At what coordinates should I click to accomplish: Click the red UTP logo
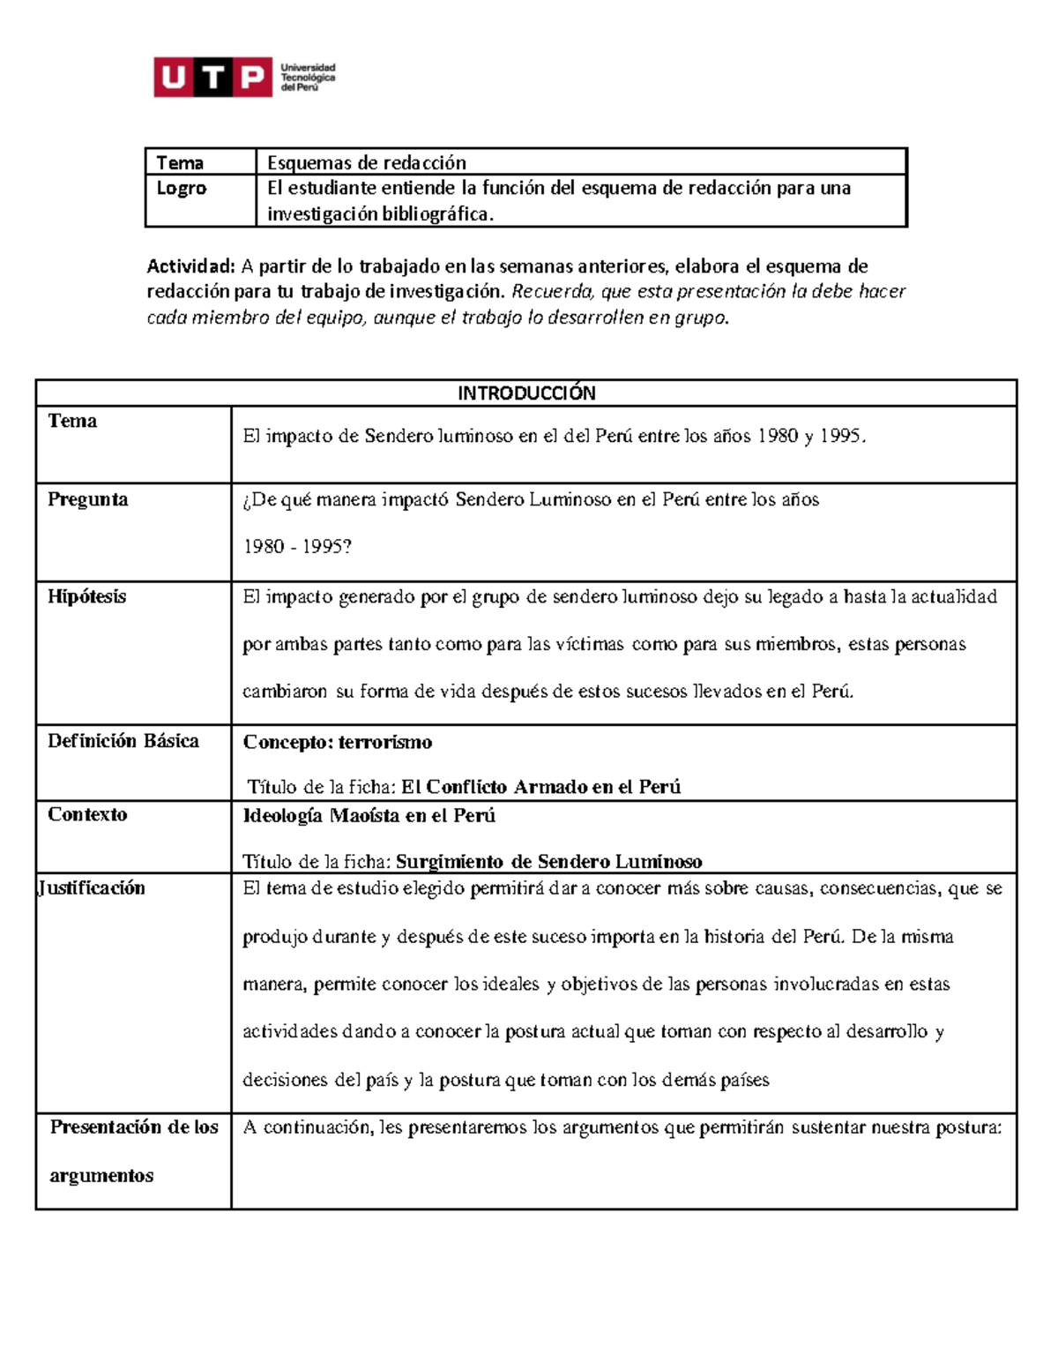tap(212, 78)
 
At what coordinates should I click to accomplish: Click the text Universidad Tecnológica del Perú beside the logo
tap(308, 78)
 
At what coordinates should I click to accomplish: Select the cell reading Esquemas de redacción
tap(366, 162)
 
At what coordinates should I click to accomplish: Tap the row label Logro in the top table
tap(181, 188)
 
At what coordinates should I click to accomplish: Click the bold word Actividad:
tap(190, 266)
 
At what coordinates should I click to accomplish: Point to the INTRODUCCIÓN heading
tap(526, 393)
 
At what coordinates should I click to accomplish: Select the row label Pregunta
tap(87, 499)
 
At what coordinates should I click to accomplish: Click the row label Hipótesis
tap(86, 596)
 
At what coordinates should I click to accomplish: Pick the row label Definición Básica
tap(123, 741)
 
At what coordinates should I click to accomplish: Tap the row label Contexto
tap(87, 814)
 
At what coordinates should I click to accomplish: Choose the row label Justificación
tap(92, 888)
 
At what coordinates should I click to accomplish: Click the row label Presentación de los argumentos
tap(133, 1150)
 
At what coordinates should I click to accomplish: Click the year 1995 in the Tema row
tap(841, 436)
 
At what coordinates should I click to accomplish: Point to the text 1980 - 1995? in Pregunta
tap(297, 547)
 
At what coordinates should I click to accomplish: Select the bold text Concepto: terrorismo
tap(337, 742)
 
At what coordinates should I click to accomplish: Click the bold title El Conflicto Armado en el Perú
tap(540, 787)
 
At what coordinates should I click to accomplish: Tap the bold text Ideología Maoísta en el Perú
tap(369, 816)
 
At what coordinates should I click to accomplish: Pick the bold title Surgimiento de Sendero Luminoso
tap(548, 862)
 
